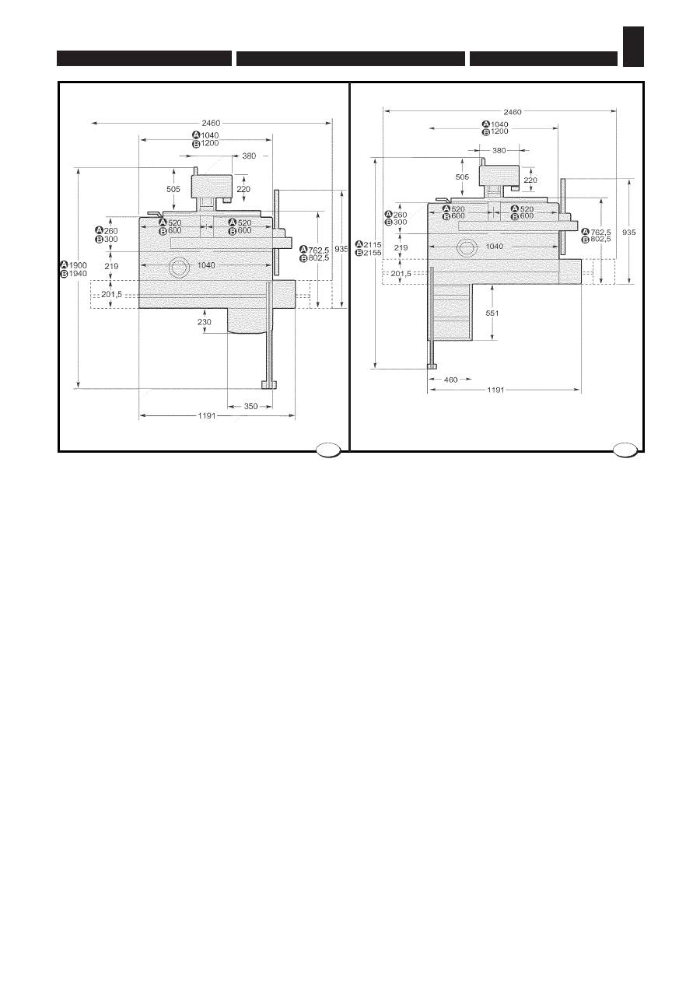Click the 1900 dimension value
[78, 265]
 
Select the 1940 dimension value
[78, 274]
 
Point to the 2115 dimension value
[371, 244]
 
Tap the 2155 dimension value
[371, 253]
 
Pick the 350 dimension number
[250, 406]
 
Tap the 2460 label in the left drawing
[211, 123]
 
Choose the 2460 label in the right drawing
[513, 111]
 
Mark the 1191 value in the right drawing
[495, 390]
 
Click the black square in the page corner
[633, 47]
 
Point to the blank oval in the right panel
[624, 449]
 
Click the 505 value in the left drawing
[173, 189]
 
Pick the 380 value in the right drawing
[499, 150]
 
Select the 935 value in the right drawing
[629, 232]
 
